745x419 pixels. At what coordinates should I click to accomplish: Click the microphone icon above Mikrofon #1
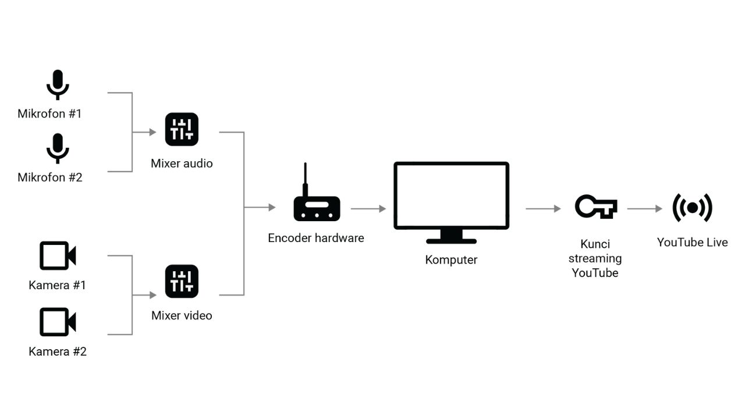pyautogui.click(x=58, y=85)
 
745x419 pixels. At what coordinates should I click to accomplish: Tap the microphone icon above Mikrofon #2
pyautogui.click(x=58, y=148)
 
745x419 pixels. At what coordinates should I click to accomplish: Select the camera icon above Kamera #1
pyautogui.click(x=58, y=255)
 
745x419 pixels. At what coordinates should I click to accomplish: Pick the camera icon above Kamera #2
pyautogui.click(x=58, y=322)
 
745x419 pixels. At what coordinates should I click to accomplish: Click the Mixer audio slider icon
pyautogui.click(x=182, y=129)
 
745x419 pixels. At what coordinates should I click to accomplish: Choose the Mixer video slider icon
pyautogui.click(x=182, y=281)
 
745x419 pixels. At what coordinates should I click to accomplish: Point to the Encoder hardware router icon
pyautogui.click(x=317, y=208)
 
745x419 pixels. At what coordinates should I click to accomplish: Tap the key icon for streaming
pyautogui.click(x=595, y=207)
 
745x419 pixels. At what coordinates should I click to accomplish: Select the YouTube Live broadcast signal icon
pyautogui.click(x=692, y=208)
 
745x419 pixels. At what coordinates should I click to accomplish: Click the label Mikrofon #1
pyautogui.click(x=49, y=113)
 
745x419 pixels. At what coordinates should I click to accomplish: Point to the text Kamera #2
pyautogui.click(x=58, y=351)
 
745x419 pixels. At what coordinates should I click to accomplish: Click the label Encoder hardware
pyautogui.click(x=316, y=238)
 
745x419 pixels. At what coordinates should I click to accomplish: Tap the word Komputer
pyautogui.click(x=451, y=260)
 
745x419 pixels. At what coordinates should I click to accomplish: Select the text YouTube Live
pyautogui.click(x=692, y=242)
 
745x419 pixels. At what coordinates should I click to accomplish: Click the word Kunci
pyautogui.click(x=595, y=244)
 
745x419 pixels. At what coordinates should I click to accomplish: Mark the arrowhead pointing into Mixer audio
pyautogui.click(x=153, y=132)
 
